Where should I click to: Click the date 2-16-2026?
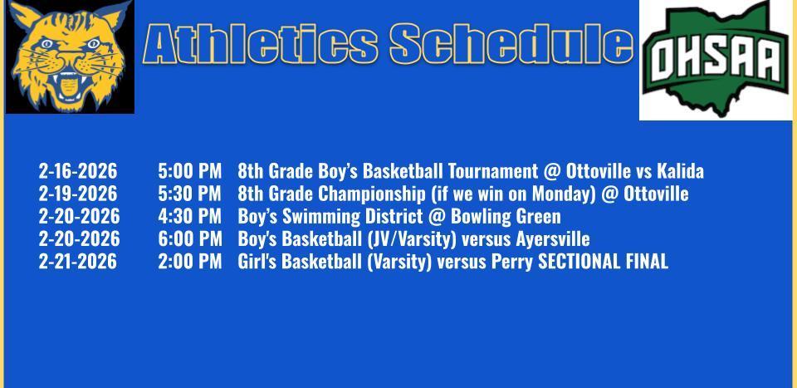point(78,171)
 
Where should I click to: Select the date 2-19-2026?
point(78,194)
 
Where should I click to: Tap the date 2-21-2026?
point(78,262)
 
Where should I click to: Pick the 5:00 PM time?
point(189,171)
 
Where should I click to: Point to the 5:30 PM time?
point(189,194)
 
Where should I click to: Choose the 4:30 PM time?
point(189,216)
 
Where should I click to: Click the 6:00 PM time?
point(189,239)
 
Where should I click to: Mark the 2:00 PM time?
point(189,262)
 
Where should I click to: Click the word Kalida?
point(680,171)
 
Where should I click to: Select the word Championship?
point(364,194)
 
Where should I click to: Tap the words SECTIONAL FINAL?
point(603,262)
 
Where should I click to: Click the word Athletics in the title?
point(261,44)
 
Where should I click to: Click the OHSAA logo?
point(716,60)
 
